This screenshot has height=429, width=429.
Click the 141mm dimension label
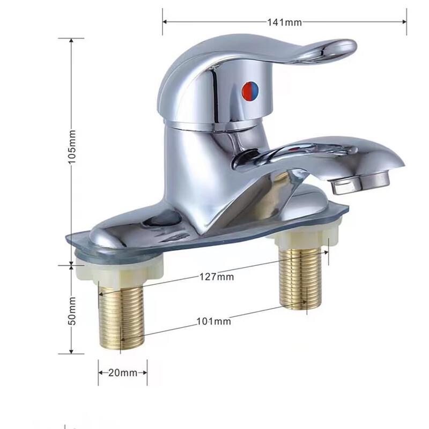coord(285,22)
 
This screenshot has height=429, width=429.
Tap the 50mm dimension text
coord(73,310)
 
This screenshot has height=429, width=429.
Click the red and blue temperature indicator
coord(250,92)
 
